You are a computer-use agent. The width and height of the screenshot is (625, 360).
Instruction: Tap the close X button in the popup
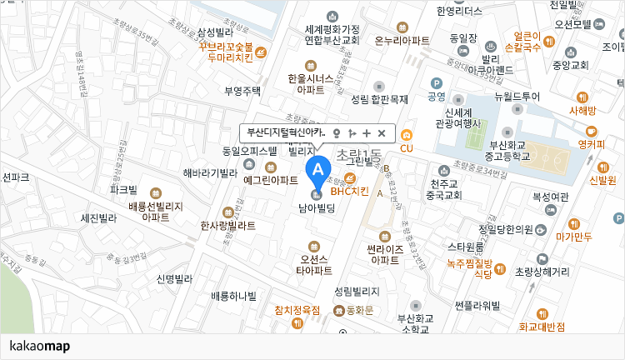[x=382, y=133]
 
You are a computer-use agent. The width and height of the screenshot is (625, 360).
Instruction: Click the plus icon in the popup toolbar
[x=367, y=133]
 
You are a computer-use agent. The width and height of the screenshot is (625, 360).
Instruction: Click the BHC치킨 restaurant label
[x=349, y=191]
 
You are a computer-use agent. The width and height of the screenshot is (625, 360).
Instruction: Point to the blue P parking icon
[x=435, y=82]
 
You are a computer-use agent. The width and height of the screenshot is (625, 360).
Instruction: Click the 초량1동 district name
[x=358, y=155]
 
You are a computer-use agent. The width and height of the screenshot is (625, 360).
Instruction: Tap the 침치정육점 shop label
[x=297, y=309]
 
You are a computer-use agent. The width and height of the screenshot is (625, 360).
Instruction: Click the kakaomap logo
[x=40, y=346]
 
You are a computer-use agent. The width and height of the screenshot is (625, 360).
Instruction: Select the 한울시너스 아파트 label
[x=311, y=83]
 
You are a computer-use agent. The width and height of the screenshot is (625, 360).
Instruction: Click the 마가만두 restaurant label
[x=574, y=237]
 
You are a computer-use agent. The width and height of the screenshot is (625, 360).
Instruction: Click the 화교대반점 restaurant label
[x=542, y=327]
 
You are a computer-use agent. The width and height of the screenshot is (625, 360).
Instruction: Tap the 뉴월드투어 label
[x=517, y=97]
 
